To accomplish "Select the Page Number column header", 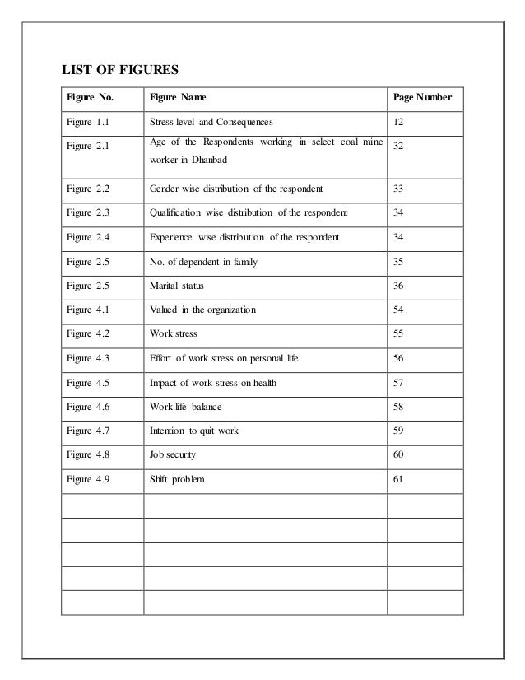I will click(x=422, y=98).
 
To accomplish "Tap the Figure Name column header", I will click(x=178, y=98).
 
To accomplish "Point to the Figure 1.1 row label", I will click(x=89, y=122).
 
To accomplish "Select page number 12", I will click(x=399, y=122).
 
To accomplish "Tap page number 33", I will click(x=399, y=189).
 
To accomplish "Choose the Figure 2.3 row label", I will click(x=89, y=212).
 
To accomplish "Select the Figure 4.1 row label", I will click(x=89, y=310).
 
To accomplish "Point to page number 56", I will click(x=399, y=358).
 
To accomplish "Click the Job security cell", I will click(x=173, y=454).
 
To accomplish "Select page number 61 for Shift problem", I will click(x=399, y=479).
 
